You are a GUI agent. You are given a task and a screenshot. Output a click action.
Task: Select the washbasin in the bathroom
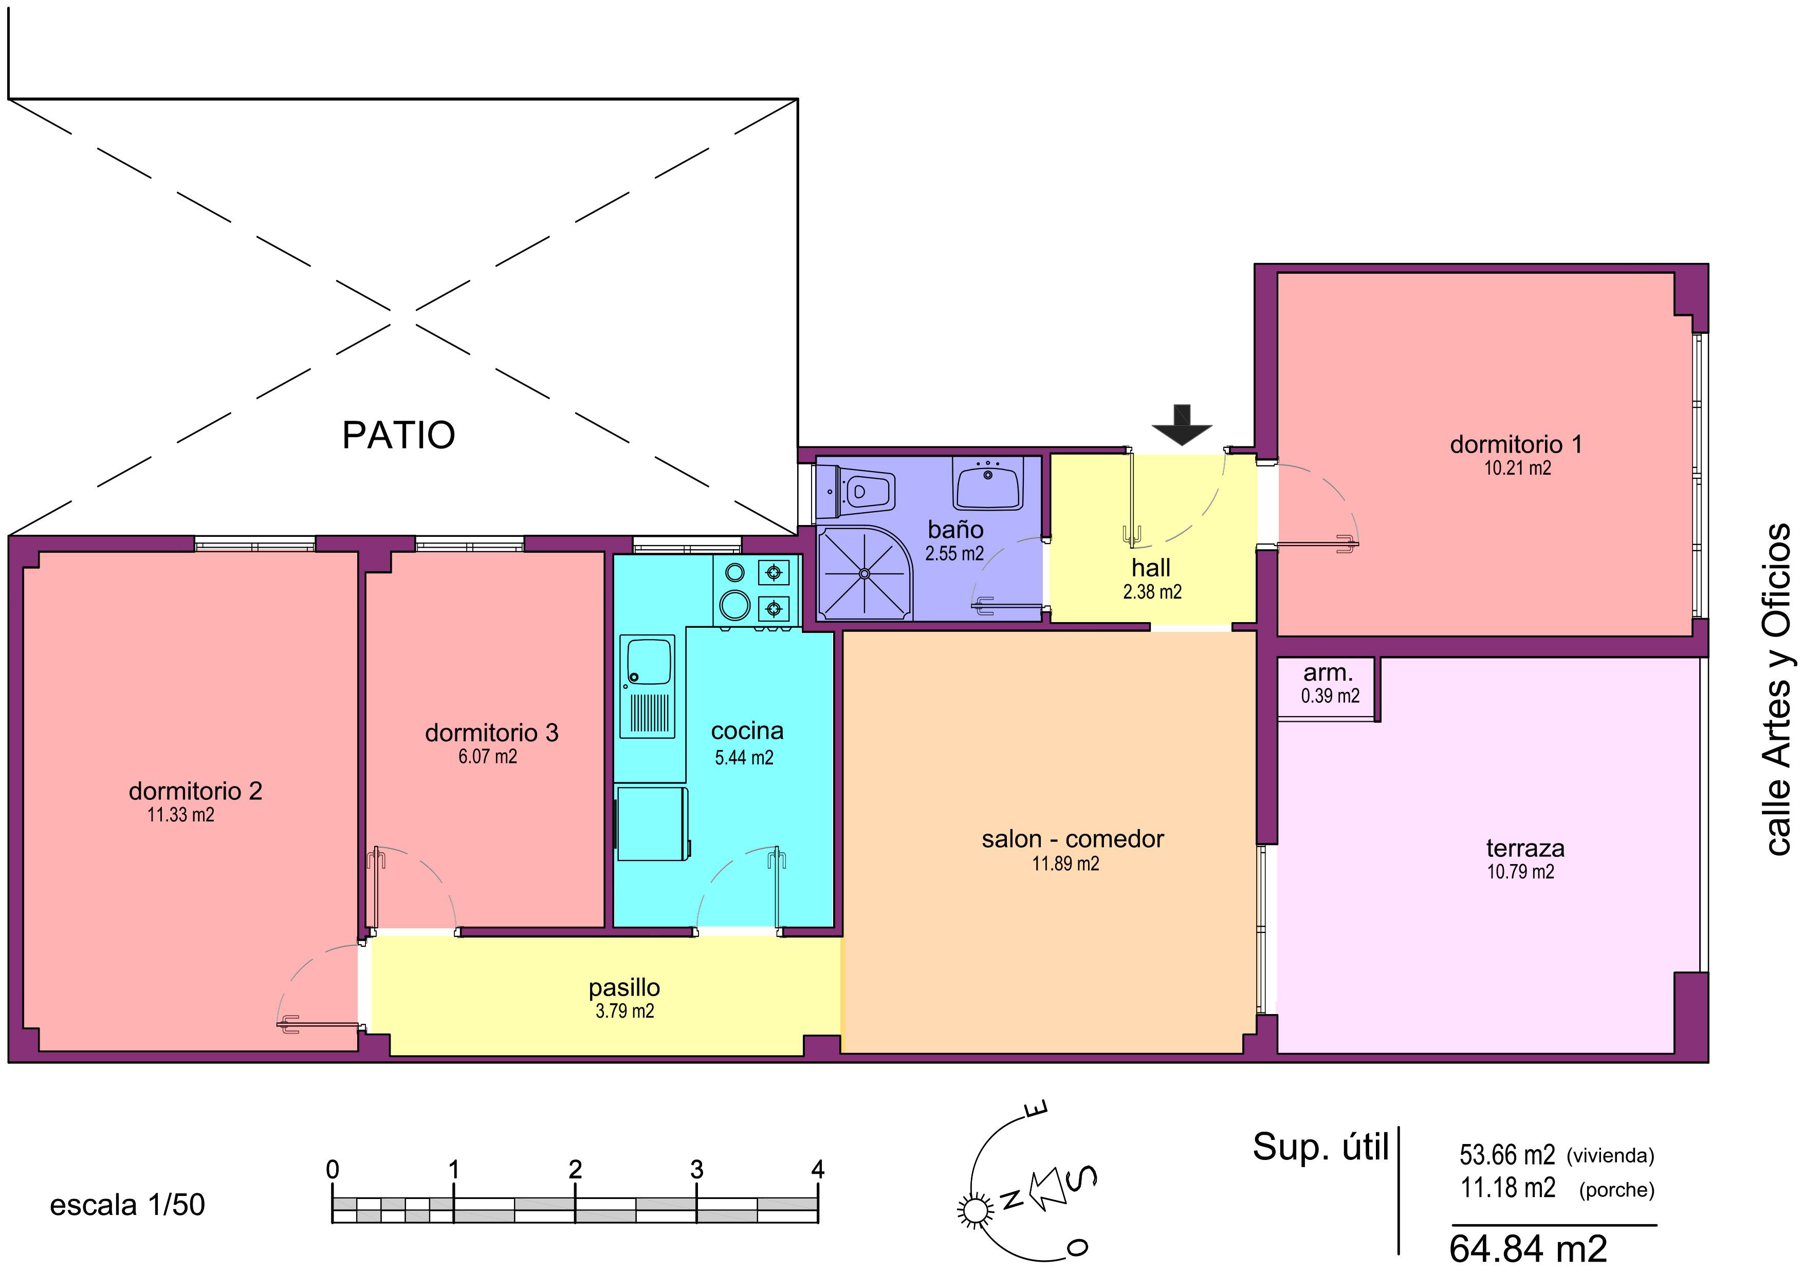coord(988,483)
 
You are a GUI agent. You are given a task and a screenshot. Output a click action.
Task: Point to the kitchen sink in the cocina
coord(648,661)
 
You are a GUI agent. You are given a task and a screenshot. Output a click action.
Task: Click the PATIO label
coord(398,435)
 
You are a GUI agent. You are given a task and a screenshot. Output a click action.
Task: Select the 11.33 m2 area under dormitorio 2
coord(180,815)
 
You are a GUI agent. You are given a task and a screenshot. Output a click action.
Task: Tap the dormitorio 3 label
coord(491,733)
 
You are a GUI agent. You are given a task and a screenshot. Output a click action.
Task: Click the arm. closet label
coord(1328,673)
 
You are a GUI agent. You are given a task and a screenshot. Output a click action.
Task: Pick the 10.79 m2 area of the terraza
coord(1520,871)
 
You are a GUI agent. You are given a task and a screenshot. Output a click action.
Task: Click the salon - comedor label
coord(1072,839)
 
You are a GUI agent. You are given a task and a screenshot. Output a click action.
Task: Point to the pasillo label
coord(624,987)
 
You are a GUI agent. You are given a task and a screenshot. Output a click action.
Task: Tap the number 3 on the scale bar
coord(696,1170)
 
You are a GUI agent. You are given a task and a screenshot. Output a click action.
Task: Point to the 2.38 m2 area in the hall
coord(1152,592)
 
